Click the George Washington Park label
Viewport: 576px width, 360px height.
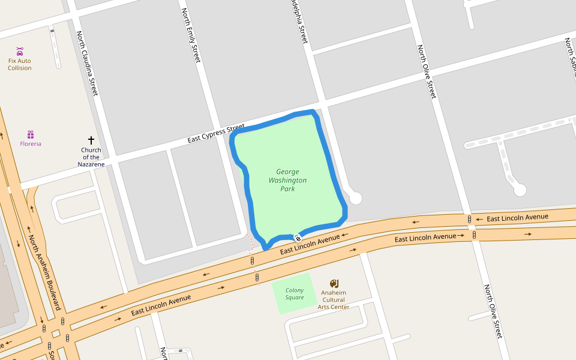[x=287, y=180]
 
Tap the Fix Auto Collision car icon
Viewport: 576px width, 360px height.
[x=20, y=51]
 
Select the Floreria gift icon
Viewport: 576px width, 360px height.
[x=31, y=134]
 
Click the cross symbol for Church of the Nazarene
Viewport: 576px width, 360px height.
[x=91, y=140]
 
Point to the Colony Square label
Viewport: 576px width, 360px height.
[x=294, y=294]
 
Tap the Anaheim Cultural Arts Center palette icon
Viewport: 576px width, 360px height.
[x=334, y=283]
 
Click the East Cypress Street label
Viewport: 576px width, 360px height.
[x=215, y=134]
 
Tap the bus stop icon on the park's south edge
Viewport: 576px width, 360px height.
[x=298, y=238]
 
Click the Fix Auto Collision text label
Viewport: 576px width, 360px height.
[x=20, y=64]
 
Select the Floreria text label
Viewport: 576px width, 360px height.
[x=31, y=144]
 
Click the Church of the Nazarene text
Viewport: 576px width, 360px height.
[x=91, y=157]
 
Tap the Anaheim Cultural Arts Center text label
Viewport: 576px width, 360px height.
[x=334, y=300]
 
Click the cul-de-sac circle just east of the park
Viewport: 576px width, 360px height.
[x=355, y=197]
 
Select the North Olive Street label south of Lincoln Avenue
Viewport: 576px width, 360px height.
[x=493, y=311]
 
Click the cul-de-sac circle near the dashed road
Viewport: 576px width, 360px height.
[x=520, y=190]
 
